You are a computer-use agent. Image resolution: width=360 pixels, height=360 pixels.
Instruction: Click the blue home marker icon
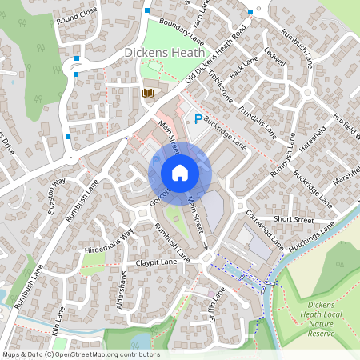coord(180,173)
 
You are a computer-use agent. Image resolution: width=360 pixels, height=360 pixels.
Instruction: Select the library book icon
coord(147,94)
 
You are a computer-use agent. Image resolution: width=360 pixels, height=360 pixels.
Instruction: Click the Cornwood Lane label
coord(264,227)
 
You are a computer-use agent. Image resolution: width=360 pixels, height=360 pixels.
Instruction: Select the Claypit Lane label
coord(156,262)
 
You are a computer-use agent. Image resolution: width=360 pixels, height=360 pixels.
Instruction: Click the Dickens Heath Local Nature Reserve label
coord(326,319)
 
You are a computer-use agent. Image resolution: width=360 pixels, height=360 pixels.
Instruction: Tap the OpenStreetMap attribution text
coord(81,354)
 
